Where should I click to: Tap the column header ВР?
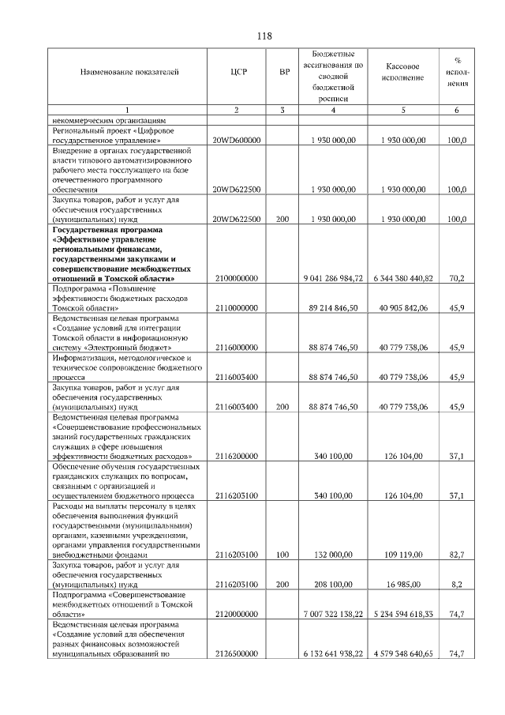(x=284, y=72)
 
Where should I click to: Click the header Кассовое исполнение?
(x=403, y=72)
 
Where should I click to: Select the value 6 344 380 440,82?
(x=403, y=279)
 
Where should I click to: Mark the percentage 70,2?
(x=456, y=279)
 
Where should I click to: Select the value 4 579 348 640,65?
(x=403, y=655)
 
